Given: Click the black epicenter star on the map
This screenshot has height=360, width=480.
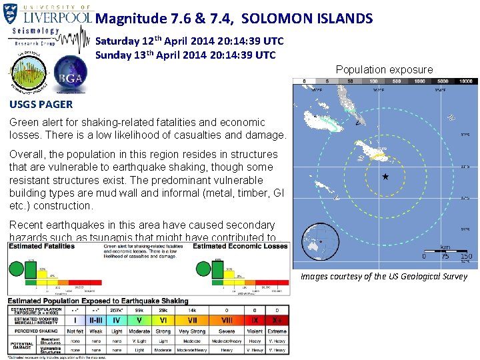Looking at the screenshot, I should tap(385, 177).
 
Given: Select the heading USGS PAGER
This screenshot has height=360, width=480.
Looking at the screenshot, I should tap(41, 104).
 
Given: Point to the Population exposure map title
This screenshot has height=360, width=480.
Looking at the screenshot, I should tap(384, 69).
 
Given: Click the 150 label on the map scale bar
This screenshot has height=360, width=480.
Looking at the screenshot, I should tap(466, 257).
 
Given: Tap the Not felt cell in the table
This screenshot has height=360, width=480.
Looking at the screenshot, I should tap(75, 330).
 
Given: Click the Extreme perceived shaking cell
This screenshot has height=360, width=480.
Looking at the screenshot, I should tap(277, 330).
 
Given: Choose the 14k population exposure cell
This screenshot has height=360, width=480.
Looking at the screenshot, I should tap(192, 311).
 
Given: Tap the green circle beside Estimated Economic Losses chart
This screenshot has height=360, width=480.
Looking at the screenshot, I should tap(202, 268).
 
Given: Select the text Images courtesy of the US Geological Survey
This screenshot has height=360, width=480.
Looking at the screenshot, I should tap(384, 276).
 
